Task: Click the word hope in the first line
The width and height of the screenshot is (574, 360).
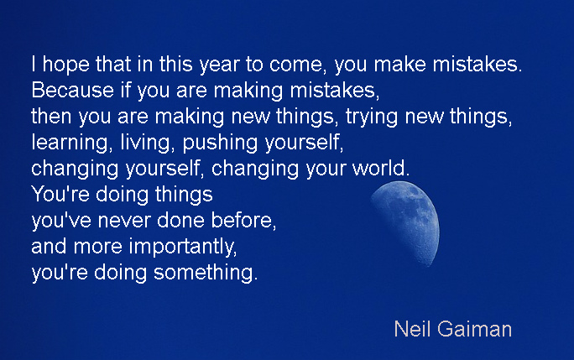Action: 66,65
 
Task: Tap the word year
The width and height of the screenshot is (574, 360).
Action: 219,65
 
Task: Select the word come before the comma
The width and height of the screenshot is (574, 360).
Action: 295,65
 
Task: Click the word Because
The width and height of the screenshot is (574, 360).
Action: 72,91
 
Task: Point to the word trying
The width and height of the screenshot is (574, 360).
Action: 371,117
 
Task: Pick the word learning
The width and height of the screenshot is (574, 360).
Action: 70,143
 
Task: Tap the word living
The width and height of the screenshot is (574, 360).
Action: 144,143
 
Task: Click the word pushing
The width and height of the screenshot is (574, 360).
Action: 220,143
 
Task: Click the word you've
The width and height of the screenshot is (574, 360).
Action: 61,222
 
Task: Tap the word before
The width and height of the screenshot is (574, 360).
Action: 242,221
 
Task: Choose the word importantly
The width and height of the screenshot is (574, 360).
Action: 182,248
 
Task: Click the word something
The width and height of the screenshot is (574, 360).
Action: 204,273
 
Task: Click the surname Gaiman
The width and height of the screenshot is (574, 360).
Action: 474,329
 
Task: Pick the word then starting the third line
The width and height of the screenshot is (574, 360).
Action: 51,117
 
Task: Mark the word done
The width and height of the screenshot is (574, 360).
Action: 180,221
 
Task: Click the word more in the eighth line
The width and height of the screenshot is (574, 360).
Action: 97,248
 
